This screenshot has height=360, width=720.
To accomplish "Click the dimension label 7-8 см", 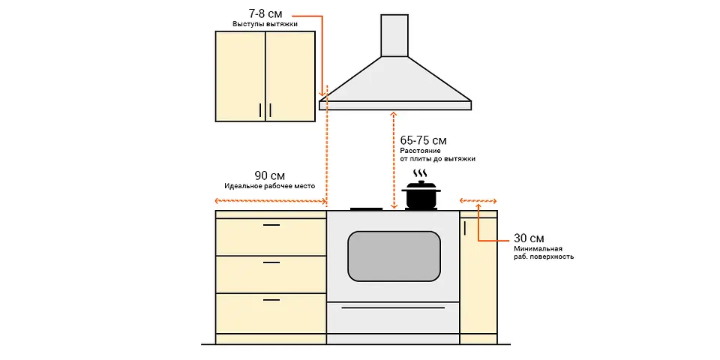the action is pos(265,13).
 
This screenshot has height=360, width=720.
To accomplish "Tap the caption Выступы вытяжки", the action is pos(265,24).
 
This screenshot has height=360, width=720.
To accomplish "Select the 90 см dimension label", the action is pos(269,175).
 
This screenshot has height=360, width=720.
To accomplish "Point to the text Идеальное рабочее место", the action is pos(269,187).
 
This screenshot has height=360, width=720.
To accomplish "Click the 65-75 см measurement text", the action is pos(423,140).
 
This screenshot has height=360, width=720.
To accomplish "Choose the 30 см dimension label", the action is pos(529,238).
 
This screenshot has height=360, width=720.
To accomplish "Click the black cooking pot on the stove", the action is pos(421,195).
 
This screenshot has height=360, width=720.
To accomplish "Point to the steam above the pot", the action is pos(420,174).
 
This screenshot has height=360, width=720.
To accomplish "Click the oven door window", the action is pos(394,256).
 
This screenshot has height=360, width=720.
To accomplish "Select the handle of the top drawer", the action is pos(271,225).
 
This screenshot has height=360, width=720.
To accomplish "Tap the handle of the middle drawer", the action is pos(271,262).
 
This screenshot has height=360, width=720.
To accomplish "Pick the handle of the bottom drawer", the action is pos(271,300).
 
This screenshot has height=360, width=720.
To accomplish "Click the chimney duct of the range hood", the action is pos(394,35).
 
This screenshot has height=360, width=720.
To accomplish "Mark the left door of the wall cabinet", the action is pos(240,76).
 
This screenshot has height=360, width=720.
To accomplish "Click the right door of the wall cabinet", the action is pos(290,76).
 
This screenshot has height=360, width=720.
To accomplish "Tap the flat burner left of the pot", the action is pos(367,209).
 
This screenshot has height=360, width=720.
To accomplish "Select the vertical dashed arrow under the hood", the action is pos(394,159).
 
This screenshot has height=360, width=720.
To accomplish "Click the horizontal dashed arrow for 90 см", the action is pos(271,201).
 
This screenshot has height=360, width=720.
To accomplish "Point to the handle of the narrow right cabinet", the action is pos(465,228).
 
